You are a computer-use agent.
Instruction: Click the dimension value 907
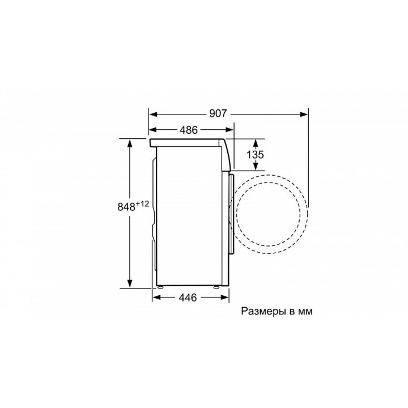point(218,114)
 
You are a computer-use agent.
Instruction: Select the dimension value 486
point(189,130)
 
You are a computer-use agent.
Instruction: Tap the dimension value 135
point(255,155)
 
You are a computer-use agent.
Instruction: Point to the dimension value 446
point(188,297)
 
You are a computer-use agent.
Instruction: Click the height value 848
point(126,207)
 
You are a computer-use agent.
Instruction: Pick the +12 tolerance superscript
point(143,204)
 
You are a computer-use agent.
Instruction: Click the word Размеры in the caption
point(262,312)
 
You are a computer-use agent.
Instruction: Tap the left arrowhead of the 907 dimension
point(153,114)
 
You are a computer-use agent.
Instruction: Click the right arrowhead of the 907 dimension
point(304,114)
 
